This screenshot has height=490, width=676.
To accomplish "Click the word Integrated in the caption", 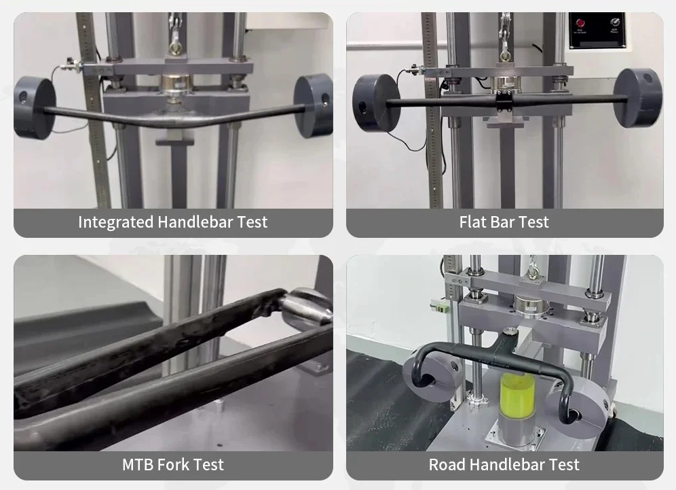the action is [116, 222].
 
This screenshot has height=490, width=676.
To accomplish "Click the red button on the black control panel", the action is [580, 22].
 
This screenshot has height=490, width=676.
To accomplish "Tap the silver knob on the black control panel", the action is [614, 22].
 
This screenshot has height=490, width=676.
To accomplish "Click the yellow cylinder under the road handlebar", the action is [517, 396].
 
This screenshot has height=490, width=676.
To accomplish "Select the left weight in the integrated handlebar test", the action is [35, 108].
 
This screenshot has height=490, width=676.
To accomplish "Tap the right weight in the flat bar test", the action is [638, 98].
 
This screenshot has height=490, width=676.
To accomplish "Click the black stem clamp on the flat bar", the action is [504, 101].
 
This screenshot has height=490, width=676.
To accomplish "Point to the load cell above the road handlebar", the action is [531, 304].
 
